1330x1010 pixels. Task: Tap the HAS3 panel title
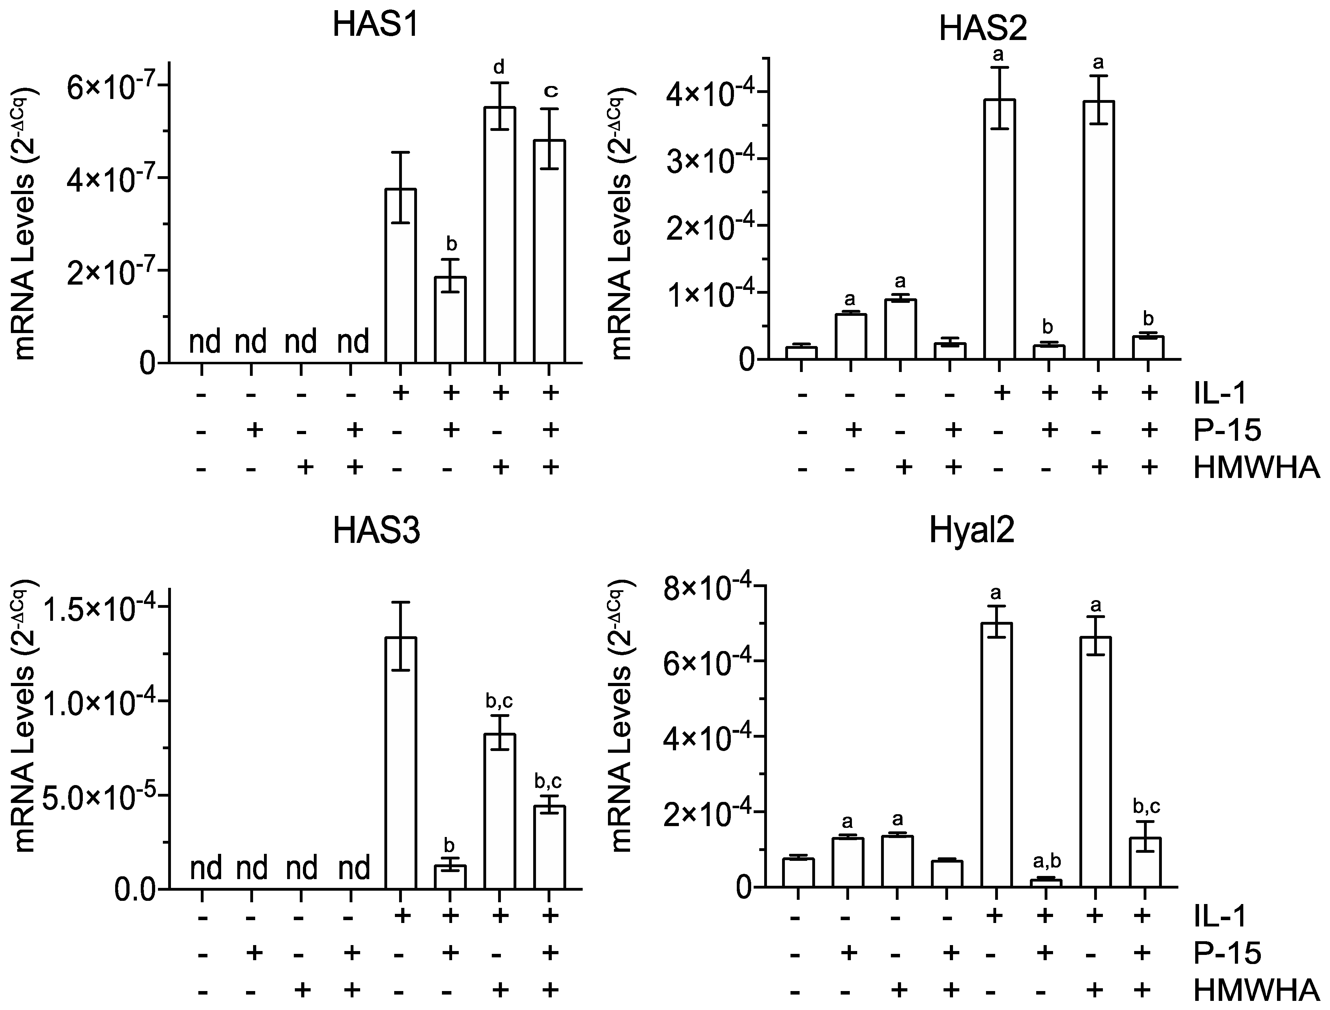(x=376, y=531)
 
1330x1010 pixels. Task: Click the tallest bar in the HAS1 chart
(x=499, y=234)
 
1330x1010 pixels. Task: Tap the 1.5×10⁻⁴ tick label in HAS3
(x=99, y=609)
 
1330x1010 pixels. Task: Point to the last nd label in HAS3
(x=354, y=869)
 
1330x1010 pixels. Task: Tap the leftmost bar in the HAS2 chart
(x=801, y=353)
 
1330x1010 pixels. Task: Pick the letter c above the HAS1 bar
(x=550, y=91)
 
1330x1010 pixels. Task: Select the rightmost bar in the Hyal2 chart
(x=1144, y=862)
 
